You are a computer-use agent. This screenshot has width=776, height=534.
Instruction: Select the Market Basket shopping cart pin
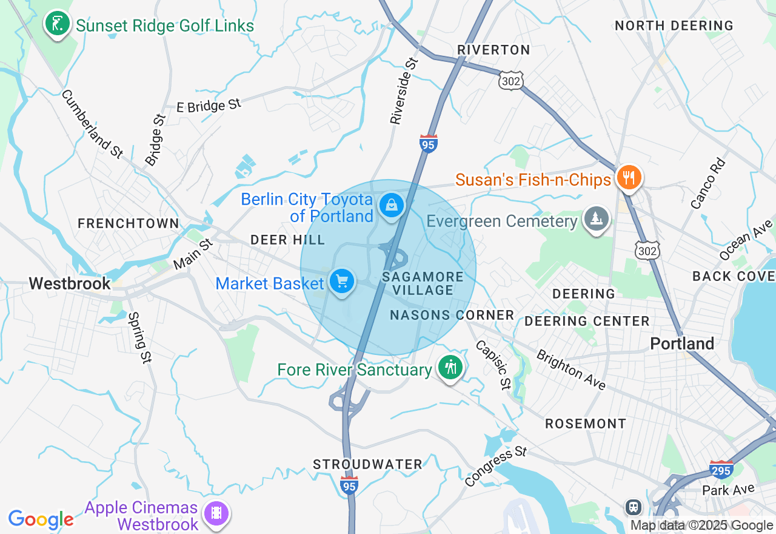point(341,282)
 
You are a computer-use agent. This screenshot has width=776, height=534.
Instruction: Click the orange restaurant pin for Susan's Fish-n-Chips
point(629,178)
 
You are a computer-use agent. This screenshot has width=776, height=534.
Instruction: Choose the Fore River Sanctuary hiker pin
point(450,368)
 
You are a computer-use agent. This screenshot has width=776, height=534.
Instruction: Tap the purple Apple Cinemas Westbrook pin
point(216,513)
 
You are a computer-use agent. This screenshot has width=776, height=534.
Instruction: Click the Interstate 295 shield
point(721,469)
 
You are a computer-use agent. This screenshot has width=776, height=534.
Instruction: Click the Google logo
point(41,519)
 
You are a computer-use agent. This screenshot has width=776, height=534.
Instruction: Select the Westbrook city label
point(70,283)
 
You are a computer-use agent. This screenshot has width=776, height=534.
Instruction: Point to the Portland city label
point(682,343)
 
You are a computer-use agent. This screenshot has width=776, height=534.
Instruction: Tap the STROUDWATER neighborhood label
point(367,464)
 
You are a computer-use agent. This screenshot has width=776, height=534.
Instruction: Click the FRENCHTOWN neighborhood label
point(129,223)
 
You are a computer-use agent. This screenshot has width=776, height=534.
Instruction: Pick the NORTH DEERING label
point(674,25)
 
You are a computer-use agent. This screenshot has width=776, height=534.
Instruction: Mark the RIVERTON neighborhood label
point(493,50)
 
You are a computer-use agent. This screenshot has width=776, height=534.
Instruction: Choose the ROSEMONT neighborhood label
point(585,424)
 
